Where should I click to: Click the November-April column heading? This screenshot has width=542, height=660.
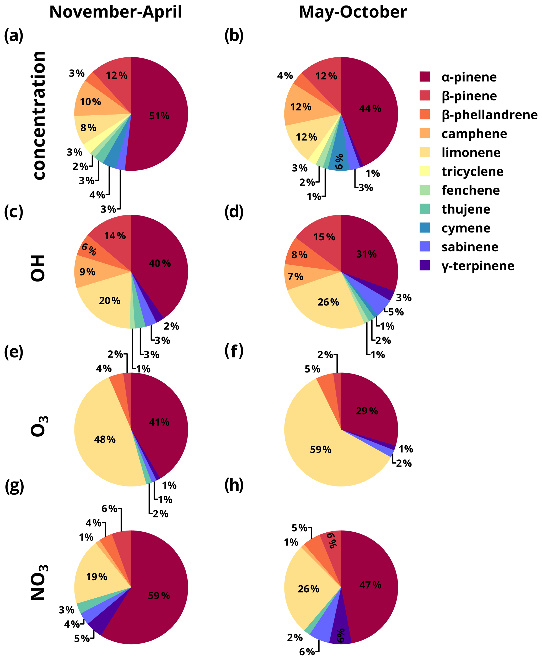(x=116, y=13)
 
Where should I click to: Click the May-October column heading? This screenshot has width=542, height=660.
(x=353, y=13)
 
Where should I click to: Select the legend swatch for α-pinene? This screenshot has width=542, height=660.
(x=425, y=77)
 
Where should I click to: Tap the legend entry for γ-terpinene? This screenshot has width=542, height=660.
(x=478, y=266)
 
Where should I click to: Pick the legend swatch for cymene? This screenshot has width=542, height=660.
(x=425, y=228)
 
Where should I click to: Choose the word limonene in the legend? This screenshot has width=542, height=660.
(x=471, y=153)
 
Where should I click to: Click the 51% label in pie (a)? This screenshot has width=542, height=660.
(x=159, y=116)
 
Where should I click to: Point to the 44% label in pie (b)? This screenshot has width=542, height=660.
(x=370, y=109)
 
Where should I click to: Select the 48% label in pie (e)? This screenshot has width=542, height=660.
(x=105, y=439)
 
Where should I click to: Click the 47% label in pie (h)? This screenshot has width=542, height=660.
(x=370, y=585)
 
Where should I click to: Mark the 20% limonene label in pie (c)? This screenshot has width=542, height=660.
(x=110, y=301)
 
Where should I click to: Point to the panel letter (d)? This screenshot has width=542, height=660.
(x=234, y=212)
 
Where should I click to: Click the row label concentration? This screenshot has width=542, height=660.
(x=39, y=116)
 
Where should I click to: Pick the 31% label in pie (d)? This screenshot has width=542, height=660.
(x=366, y=254)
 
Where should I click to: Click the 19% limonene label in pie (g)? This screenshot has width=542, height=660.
(x=97, y=577)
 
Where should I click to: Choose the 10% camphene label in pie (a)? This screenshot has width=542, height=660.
(x=90, y=102)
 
